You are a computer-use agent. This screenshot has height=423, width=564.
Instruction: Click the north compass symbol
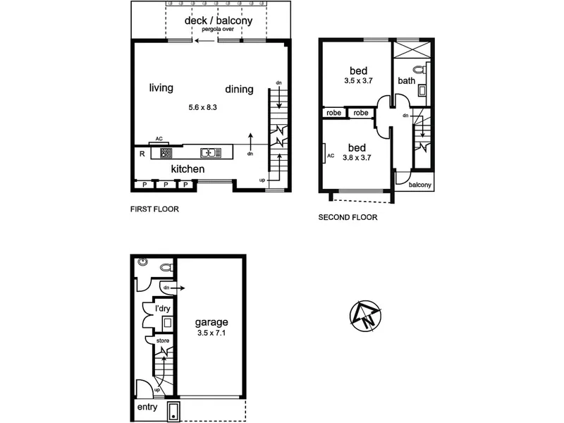(365, 315)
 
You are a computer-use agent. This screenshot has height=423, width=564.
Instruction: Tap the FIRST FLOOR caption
(154, 209)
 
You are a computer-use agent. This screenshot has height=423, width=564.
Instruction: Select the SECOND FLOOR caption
(348, 217)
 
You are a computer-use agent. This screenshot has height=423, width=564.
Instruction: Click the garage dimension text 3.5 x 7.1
(211, 333)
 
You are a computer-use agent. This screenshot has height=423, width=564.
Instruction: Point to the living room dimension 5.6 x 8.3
(202, 107)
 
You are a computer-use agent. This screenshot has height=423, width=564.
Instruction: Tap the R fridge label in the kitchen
(142, 154)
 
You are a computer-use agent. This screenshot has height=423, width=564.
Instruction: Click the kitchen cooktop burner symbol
(166, 153)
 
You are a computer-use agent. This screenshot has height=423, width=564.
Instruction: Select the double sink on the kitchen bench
(210, 153)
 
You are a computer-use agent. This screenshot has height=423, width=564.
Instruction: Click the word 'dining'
(239, 90)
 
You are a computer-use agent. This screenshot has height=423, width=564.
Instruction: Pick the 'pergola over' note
(218, 29)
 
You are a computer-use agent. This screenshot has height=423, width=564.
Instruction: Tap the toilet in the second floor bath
(419, 68)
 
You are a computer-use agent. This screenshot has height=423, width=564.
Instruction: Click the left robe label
(333, 113)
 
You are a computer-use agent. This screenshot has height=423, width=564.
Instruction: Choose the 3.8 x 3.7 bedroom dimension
(357, 157)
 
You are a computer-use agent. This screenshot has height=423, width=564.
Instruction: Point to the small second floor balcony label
(419, 185)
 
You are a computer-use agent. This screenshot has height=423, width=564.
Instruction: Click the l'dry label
(163, 309)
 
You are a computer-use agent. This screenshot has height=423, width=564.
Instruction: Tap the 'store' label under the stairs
(163, 341)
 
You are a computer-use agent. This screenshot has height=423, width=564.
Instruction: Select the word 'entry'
(147, 407)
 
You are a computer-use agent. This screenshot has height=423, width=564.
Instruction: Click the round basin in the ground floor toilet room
(143, 262)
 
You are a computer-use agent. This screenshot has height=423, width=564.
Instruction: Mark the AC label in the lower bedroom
(331, 156)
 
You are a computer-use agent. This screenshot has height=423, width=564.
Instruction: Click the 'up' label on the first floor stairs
(262, 180)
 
